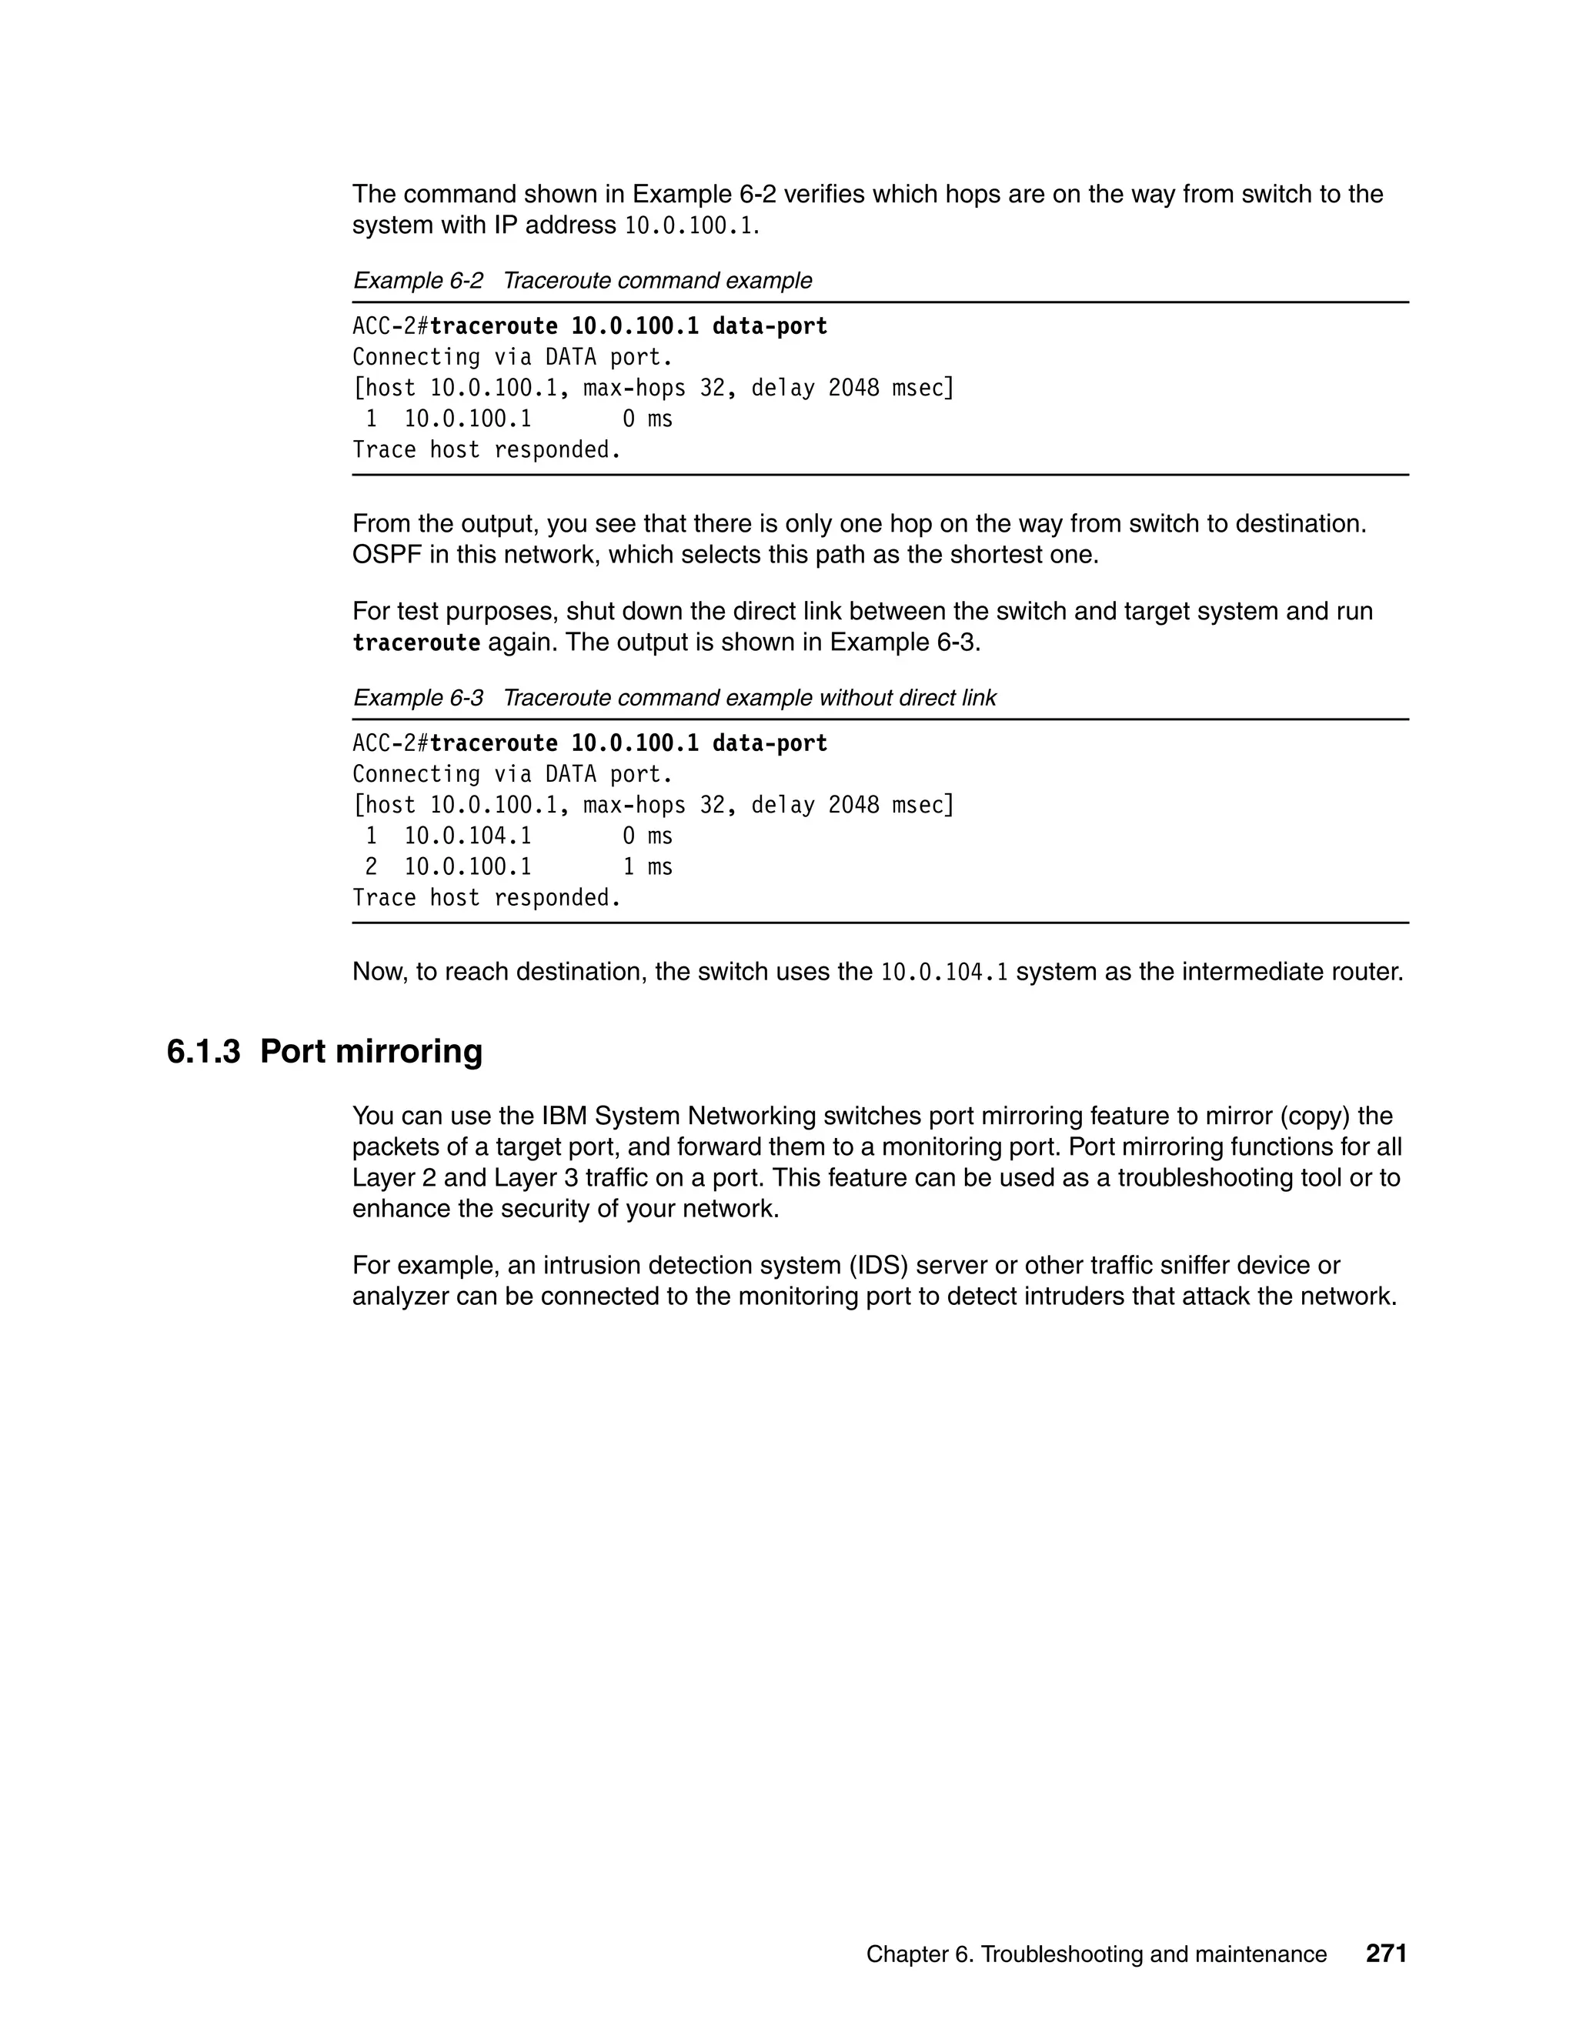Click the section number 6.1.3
[203, 1051]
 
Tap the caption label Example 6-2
[417, 280]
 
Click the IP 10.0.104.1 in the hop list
[467, 836]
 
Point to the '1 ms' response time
[647, 866]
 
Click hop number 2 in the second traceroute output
[371, 866]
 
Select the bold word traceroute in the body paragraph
[416, 642]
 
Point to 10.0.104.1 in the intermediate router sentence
[944, 972]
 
